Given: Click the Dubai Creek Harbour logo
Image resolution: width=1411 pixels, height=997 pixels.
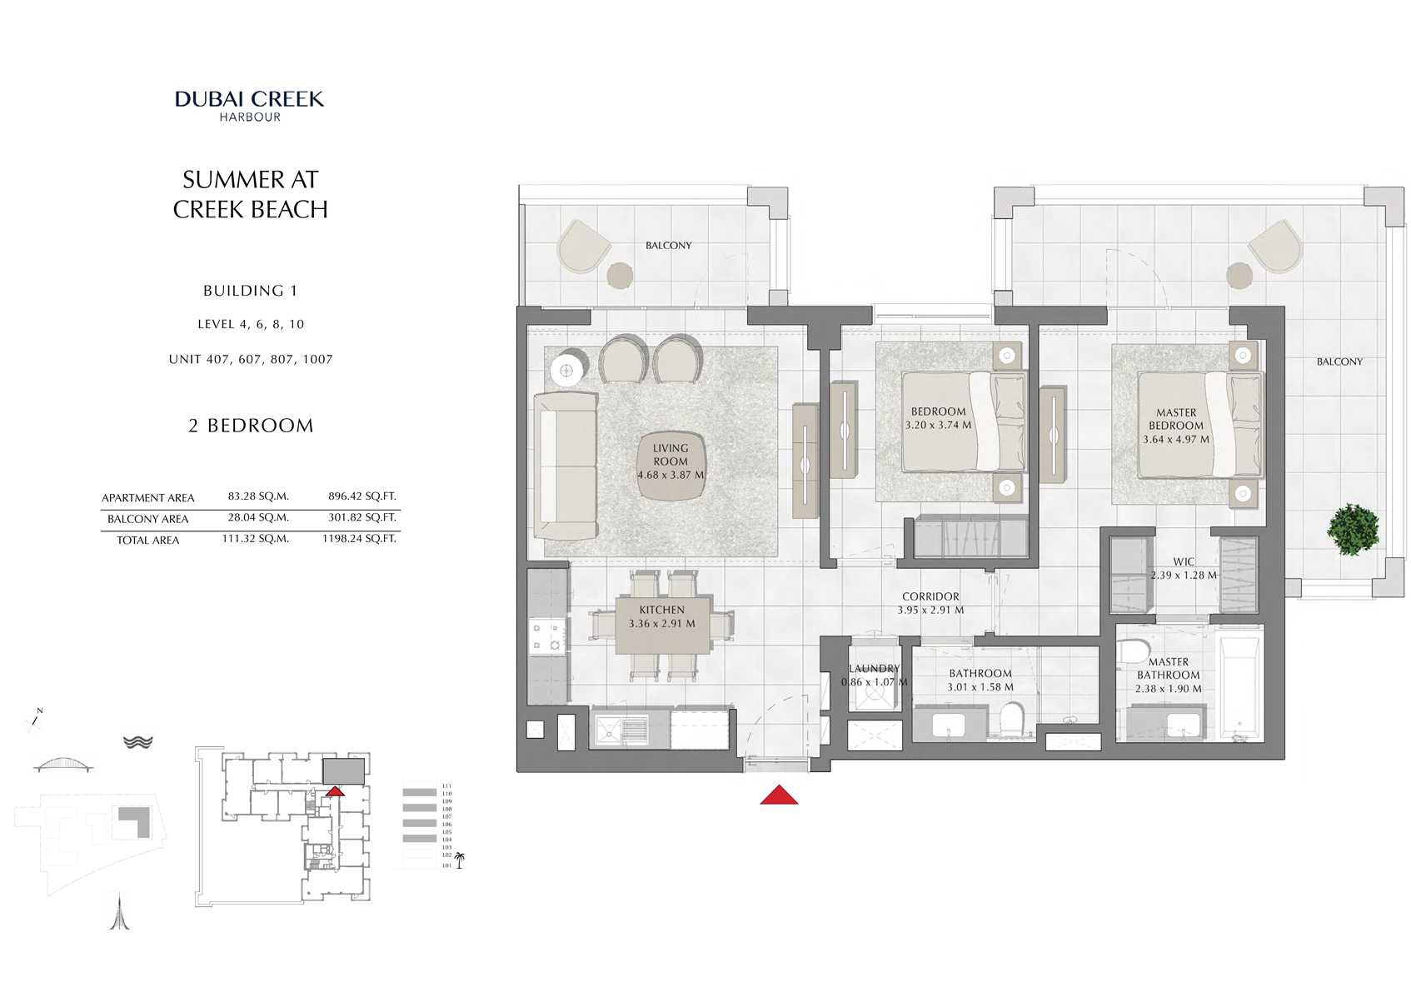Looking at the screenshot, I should pos(249,105).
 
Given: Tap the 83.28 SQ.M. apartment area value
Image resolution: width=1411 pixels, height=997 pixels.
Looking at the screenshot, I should pos(258,496).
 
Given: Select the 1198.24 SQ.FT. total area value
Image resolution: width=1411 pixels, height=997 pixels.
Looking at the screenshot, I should pos(359,539).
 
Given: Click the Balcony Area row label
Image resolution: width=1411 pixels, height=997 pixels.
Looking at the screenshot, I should pos(147,519).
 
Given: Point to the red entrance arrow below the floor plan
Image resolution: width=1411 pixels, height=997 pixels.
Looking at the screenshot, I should pos(779,795).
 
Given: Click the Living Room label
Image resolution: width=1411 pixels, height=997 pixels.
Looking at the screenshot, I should pos(671,455).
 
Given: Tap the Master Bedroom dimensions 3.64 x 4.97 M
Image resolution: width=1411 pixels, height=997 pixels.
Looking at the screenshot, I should pos(1176,440).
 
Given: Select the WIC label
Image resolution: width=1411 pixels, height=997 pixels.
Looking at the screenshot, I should pos(1184,562).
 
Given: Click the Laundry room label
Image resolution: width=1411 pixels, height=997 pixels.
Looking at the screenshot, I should pos(874,669).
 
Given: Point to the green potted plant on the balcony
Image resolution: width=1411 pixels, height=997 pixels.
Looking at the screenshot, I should pos(1354,528).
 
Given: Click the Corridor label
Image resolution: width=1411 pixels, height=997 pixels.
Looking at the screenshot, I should pos(930,596).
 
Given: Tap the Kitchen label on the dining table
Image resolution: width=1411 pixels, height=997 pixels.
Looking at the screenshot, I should pos(662,611).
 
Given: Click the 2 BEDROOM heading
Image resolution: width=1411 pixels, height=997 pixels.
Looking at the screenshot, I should pos(251,426).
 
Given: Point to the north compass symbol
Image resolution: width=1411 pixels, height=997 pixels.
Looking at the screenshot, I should pos(36,720).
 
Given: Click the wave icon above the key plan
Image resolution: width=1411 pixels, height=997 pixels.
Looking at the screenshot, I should pos(137,741).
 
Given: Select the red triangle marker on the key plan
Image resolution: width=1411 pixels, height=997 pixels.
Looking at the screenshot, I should pos(335,791).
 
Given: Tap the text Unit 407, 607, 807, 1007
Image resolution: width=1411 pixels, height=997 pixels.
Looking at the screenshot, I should pos(251,360).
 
